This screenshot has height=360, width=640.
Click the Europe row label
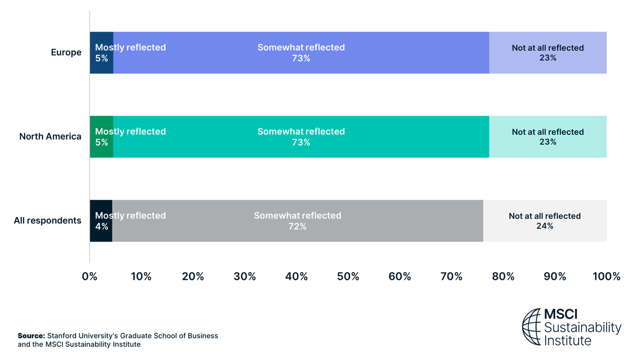click(x=66, y=52)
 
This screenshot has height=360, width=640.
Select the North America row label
click(x=50, y=137)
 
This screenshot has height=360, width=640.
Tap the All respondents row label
click(x=47, y=221)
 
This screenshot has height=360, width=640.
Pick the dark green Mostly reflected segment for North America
click(x=101, y=151)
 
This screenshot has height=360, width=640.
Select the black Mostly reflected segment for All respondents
click(x=101, y=235)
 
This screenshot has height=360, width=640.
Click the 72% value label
click(x=297, y=227)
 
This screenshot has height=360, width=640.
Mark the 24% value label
click(x=545, y=226)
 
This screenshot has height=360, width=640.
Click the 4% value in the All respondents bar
click(x=101, y=227)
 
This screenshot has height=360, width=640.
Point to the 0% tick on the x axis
click(x=90, y=277)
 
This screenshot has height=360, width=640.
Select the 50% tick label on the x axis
click(x=348, y=277)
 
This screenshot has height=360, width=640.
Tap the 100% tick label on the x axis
click(x=606, y=277)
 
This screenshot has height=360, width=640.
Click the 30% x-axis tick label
click(x=245, y=277)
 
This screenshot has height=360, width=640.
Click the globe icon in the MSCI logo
click(x=531, y=326)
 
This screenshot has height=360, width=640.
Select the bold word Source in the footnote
click(x=31, y=336)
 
